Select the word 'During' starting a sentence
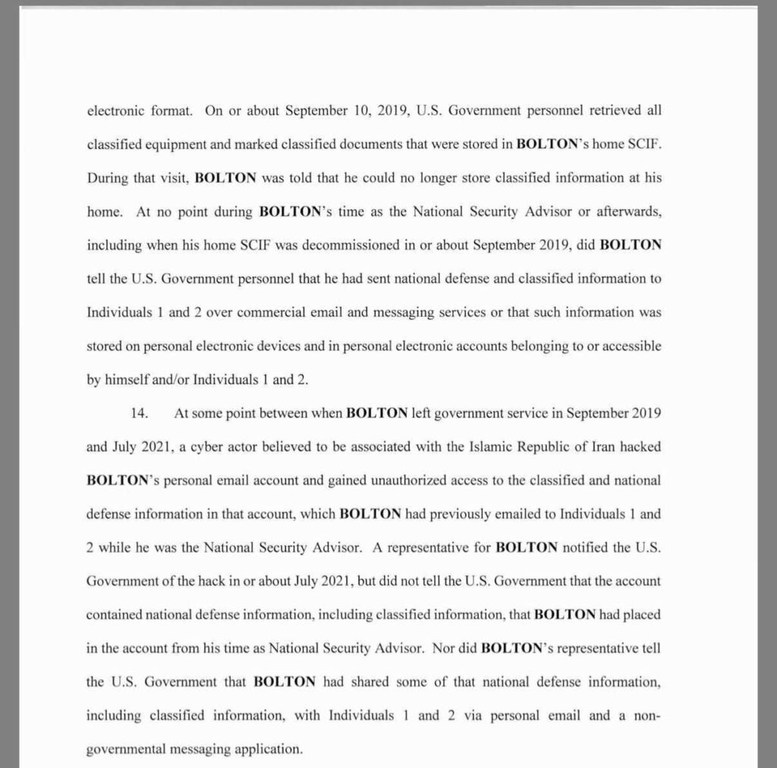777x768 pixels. click(x=108, y=178)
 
